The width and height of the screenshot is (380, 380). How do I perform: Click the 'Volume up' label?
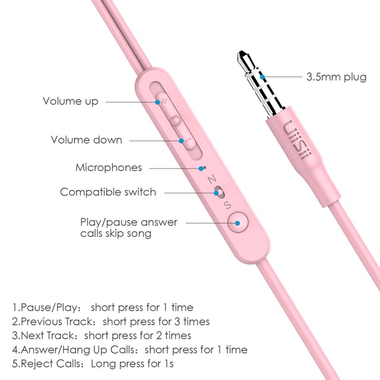71,102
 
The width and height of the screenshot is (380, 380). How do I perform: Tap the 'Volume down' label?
87,140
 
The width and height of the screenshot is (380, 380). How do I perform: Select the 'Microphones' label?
109,167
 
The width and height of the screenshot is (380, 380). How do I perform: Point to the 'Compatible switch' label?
108,192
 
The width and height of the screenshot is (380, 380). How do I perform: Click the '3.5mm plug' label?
337,77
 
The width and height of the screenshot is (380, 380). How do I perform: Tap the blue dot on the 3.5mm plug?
262,77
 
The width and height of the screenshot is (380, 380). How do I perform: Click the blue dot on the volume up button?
157,102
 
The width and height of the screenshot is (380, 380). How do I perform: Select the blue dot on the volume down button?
181,141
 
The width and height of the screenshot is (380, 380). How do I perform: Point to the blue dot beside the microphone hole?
201,169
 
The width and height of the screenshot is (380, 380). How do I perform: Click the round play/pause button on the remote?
237,222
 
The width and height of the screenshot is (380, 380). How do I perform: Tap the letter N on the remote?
212,179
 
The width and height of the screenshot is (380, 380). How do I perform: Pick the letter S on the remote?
228,205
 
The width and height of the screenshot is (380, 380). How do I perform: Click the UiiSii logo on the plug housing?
297,140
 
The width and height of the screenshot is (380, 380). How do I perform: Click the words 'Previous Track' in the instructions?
57,322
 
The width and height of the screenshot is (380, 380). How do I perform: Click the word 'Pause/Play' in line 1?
49,308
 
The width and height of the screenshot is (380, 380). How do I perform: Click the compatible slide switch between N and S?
220,192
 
